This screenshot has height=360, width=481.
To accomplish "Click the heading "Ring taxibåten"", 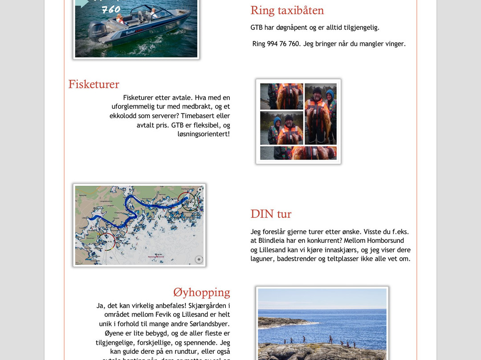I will pyautogui.click(x=287, y=10).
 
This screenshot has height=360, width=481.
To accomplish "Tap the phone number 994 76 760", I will pyautogui.click(x=283, y=44).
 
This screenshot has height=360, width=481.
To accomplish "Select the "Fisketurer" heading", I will pyautogui.click(x=94, y=84).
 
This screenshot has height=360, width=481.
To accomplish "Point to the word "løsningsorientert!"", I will pyautogui.click(x=204, y=134).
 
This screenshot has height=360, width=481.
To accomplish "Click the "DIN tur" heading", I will pyautogui.click(x=271, y=214).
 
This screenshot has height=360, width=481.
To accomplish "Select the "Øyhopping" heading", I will pyautogui.click(x=201, y=292).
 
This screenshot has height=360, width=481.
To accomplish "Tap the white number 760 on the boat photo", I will pyautogui.click(x=111, y=9).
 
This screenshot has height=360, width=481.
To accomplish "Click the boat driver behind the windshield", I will pyautogui.click(x=153, y=12).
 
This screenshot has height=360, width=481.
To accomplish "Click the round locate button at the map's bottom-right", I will pyautogui.click(x=199, y=259).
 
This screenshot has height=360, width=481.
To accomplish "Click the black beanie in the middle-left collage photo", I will pyautogui.click(x=289, y=118).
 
